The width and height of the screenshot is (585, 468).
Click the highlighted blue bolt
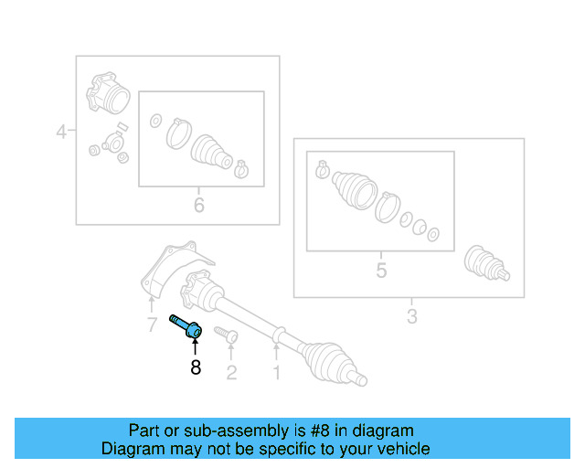coord(186,325)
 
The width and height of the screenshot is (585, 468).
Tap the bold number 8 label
coord(195,368)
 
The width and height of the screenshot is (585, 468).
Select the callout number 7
coord(152,325)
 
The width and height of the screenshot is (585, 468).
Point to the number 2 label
coord(231,371)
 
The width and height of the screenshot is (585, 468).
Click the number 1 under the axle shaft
coord(276,371)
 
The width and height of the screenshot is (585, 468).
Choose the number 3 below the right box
coord(411,316)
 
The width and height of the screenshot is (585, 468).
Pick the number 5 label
coord(381,271)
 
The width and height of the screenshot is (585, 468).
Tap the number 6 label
coord(199,205)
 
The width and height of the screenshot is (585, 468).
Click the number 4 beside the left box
coord(61,132)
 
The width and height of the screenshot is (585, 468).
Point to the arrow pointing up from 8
coord(195,347)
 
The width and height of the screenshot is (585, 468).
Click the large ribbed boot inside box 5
coord(355,189)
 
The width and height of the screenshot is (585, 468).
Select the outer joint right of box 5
coord(484,263)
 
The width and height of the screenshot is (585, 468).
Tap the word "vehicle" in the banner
coord(402,449)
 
